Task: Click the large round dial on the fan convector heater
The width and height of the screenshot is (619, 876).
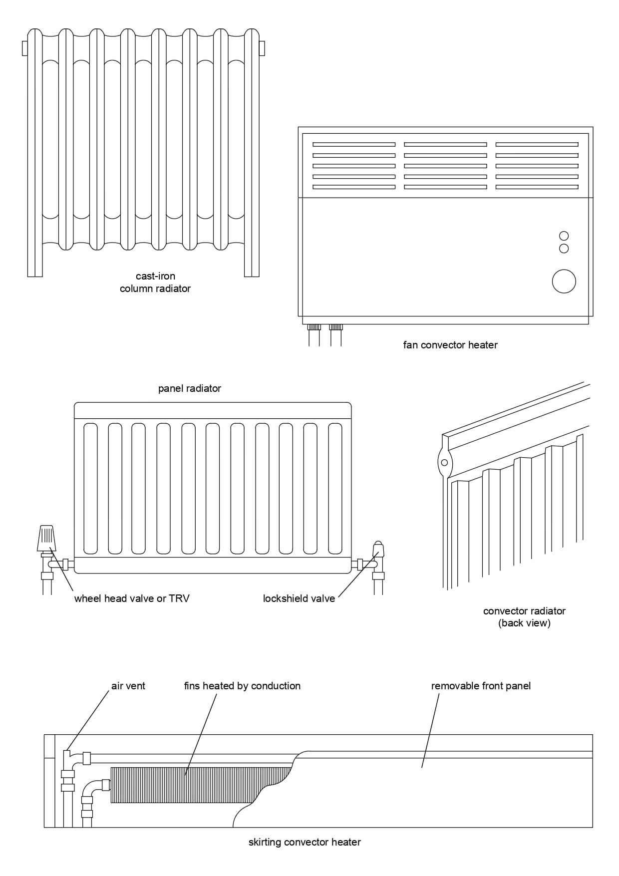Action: pos(564,282)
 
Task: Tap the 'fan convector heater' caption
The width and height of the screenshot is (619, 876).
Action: pos(450,345)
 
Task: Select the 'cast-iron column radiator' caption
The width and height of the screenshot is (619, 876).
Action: pos(155,282)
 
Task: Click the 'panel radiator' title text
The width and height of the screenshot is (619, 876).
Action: pos(189,388)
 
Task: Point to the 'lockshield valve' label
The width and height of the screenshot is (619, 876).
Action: pos(299,598)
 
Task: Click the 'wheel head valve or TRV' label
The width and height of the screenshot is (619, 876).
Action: pos(132,598)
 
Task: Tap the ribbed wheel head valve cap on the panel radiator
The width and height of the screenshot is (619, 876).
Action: pos(46,538)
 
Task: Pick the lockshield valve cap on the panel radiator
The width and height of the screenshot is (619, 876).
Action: pos(378,550)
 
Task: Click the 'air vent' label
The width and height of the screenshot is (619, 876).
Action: pos(128,686)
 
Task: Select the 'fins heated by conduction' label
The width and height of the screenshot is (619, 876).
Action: pos(242,686)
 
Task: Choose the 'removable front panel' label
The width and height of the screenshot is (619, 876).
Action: pos(481,686)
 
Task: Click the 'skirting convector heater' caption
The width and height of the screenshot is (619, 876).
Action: pos(305,843)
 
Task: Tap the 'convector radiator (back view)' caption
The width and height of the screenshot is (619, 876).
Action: pos(524,617)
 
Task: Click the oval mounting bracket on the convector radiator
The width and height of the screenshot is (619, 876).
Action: pos(444,462)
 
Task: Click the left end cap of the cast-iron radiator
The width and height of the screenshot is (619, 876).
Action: pos(24,48)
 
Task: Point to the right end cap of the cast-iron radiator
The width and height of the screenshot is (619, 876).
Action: pos(262,48)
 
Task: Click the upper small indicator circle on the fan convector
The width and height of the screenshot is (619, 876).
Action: pos(564,236)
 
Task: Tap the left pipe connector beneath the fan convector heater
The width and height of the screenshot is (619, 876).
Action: pos(314,328)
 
